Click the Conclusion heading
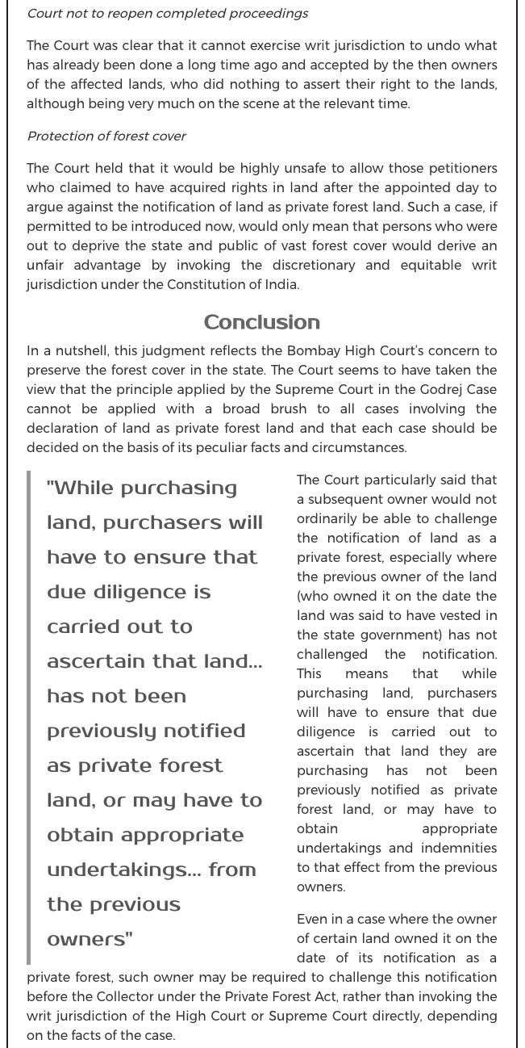262,322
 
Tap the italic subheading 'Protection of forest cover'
106,136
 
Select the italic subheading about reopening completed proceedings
167,14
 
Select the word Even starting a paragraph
313,919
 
